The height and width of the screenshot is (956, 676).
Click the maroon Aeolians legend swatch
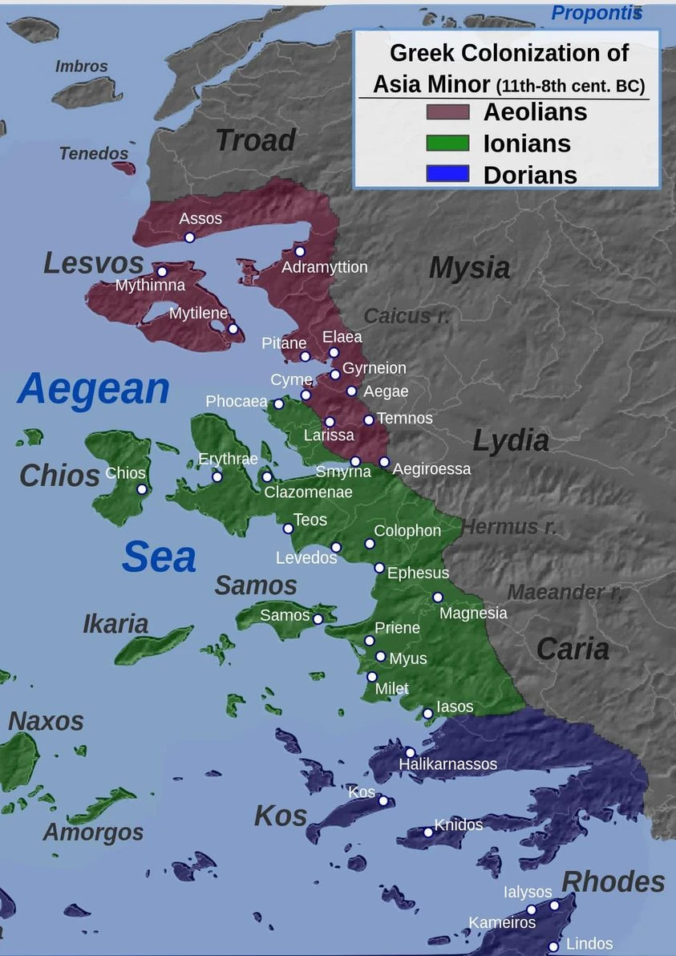447,111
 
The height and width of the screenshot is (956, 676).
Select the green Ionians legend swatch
447,143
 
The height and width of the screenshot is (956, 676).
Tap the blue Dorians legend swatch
447,173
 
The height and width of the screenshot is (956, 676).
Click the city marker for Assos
189,237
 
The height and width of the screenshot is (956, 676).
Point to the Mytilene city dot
233,329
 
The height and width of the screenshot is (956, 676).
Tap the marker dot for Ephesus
379,568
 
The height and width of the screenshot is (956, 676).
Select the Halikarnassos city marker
410,752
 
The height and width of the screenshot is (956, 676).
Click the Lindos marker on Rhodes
553,947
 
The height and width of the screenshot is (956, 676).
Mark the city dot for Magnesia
438,597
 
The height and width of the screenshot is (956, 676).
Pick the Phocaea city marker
278,404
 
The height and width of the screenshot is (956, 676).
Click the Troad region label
255,140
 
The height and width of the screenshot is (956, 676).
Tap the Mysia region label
469,268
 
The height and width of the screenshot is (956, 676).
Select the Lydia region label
511,440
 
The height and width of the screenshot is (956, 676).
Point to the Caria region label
573,649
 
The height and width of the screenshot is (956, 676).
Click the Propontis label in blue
597,13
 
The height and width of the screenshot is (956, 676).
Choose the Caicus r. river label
407,316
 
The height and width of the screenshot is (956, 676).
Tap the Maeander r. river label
565,593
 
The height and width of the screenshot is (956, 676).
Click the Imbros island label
81,66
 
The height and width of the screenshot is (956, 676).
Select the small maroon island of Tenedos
124,168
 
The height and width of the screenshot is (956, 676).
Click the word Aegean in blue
93,389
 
